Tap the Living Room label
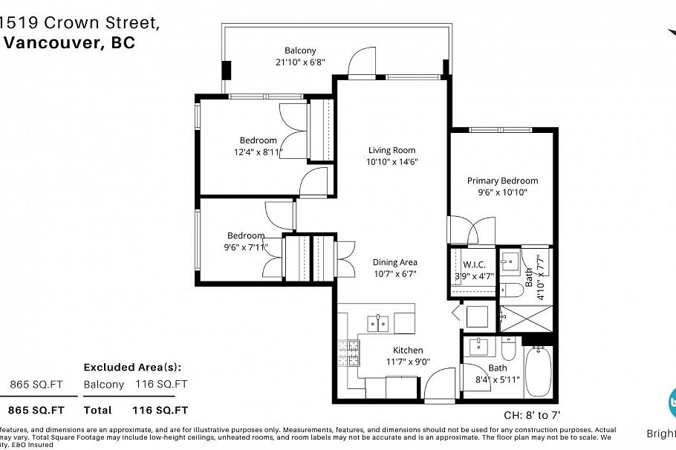tap(391, 150)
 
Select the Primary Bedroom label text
tap(502, 180)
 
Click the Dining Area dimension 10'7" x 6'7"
tap(394, 274)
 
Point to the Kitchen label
tap(408, 350)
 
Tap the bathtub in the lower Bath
tap(538, 374)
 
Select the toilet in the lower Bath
tap(509, 350)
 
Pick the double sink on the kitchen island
tap(378, 322)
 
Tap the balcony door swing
tap(363, 62)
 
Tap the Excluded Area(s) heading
tap(132, 367)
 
